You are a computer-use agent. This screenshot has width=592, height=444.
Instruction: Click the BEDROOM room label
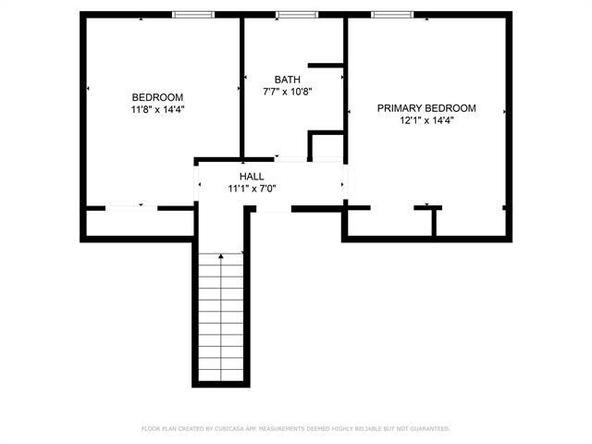pos(157,97)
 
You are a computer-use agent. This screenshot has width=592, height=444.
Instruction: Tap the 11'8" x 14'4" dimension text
pos(157,109)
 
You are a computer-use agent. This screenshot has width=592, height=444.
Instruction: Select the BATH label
pos(287,80)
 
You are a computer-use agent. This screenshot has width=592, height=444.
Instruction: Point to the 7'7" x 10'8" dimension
pos(287,92)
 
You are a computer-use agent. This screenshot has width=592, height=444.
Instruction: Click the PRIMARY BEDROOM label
pos(426,108)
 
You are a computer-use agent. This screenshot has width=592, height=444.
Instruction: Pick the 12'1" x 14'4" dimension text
pos(426,120)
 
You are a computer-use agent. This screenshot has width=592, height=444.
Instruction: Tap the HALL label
pos(252,176)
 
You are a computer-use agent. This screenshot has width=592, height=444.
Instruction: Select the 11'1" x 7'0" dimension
pos(252,188)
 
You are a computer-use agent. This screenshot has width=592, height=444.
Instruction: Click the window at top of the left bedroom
pos(193,15)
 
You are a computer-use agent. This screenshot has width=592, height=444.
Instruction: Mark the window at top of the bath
pos(296,15)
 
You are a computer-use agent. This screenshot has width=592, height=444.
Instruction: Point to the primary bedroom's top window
pos(392,15)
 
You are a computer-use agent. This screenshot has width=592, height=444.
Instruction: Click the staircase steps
pos(222,319)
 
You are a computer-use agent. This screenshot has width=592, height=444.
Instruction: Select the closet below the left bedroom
pos(139,223)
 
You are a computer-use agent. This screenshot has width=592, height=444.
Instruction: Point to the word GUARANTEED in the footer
pos(428,429)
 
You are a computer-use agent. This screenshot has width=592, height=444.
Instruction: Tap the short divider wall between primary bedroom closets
pos(433,222)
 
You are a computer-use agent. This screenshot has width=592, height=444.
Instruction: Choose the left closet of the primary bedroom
pos(388,223)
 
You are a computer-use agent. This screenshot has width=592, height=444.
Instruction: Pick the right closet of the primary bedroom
pos(470,223)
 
